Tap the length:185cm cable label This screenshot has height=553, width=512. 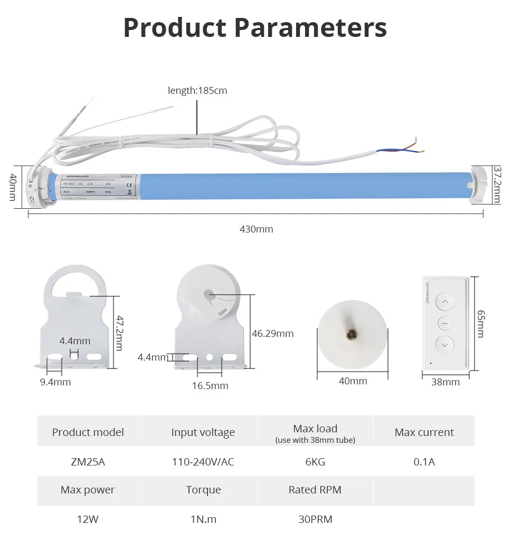[197, 90]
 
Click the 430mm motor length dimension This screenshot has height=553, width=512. [257, 229]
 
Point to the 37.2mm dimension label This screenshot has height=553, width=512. [497, 185]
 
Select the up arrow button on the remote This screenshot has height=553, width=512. [445, 303]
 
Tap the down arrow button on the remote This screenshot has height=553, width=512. [445, 345]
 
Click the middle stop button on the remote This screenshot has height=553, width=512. [445, 323]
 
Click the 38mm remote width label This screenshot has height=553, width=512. [445, 382]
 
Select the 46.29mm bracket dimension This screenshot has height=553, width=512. [273, 333]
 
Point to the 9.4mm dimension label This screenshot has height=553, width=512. [55, 382]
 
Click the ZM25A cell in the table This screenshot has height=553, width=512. [88, 462]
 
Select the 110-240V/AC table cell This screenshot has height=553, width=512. [203, 462]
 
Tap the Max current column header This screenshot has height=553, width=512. [424, 432]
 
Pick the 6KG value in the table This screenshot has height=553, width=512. [315, 462]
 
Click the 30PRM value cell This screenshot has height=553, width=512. [315, 519]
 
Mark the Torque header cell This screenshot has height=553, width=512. [203, 490]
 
